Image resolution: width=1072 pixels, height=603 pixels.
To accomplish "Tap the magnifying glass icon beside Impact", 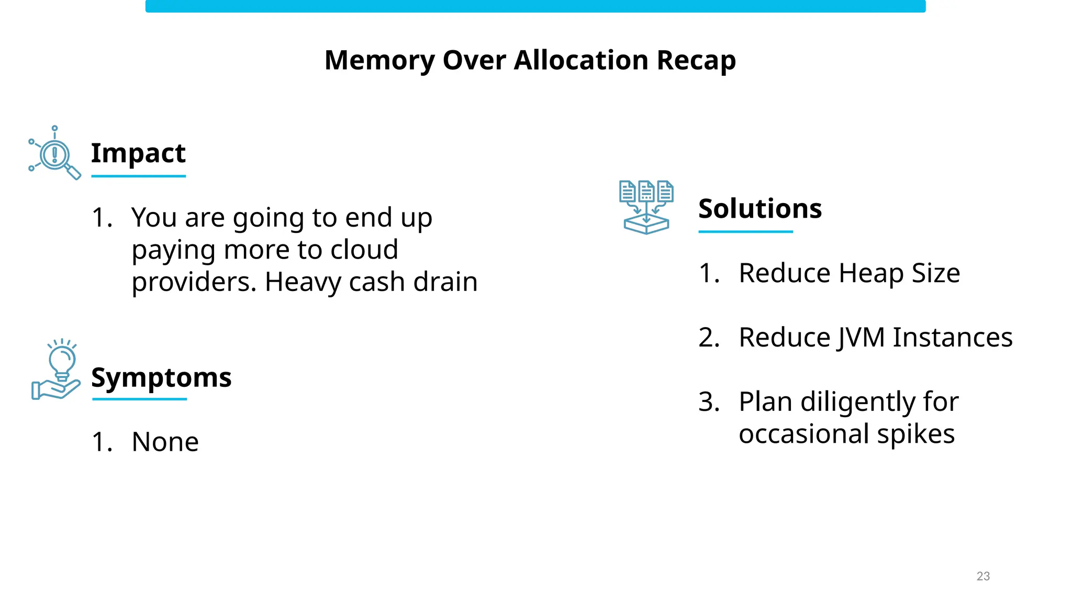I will (55, 153).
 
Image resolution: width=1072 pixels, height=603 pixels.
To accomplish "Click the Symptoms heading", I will (161, 377).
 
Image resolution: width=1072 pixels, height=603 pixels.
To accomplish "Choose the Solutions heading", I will (760, 208).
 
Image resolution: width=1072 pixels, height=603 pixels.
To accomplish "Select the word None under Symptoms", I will (165, 442).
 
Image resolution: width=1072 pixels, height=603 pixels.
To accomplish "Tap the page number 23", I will (983, 576).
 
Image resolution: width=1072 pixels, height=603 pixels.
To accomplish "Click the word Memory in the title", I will (379, 60).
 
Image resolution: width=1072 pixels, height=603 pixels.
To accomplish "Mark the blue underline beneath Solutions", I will (745, 231).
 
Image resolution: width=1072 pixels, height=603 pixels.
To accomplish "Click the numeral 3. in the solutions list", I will (709, 402).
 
